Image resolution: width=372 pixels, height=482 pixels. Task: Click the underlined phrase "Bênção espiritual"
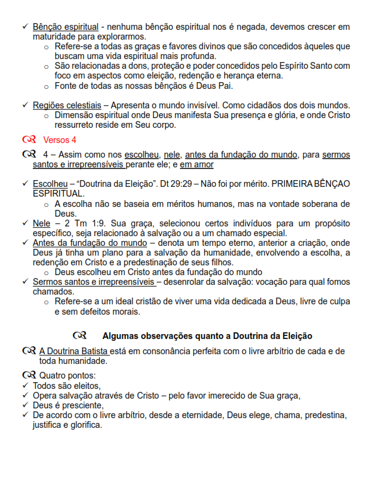click(x=66, y=27)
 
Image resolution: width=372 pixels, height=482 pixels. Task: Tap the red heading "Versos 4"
click(x=60, y=140)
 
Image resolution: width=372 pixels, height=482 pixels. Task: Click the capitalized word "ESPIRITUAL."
click(x=59, y=193)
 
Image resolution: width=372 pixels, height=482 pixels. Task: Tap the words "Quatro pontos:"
click(x=67, y=375)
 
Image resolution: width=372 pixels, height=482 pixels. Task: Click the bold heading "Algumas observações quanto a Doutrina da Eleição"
click(x=207, y=335)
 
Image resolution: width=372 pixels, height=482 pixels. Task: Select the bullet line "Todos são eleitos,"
click(x=67, y=385)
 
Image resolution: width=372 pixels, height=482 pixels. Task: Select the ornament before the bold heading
click(x=80, y=335)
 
